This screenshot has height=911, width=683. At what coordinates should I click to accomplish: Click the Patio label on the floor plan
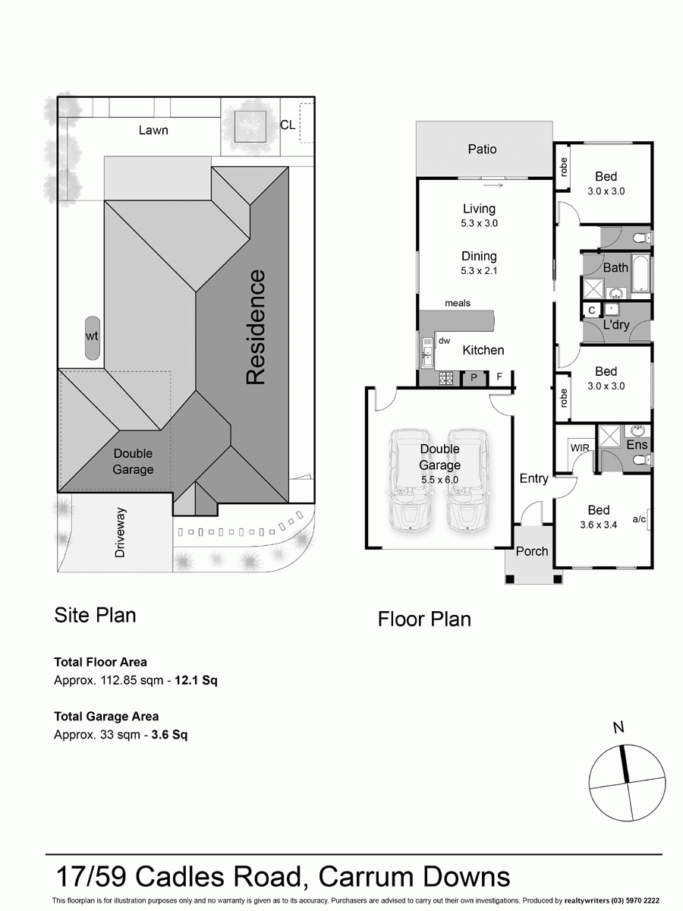click(482, 150)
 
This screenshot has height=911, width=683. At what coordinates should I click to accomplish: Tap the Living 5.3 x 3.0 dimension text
click(479, 223)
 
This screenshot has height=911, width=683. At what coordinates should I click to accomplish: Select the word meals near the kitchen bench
click(458, 304)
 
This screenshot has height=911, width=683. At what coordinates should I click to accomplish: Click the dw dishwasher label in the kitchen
click(445, 341)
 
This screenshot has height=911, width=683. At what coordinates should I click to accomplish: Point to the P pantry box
click(474, 377)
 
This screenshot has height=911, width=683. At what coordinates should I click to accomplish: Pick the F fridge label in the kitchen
click(499, 377)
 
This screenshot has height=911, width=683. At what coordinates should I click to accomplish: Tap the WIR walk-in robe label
click(580, 448)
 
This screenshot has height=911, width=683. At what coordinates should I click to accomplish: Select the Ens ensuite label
click(637, 444)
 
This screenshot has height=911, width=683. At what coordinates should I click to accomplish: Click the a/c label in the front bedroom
click(638, 519)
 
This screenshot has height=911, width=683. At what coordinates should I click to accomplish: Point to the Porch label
click(531, 551)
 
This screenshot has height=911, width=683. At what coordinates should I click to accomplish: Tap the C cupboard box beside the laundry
click(591, 310)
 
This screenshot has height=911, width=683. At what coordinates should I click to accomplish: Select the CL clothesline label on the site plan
click(288, 125)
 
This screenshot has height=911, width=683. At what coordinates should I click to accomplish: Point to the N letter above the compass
click(618, 727)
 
